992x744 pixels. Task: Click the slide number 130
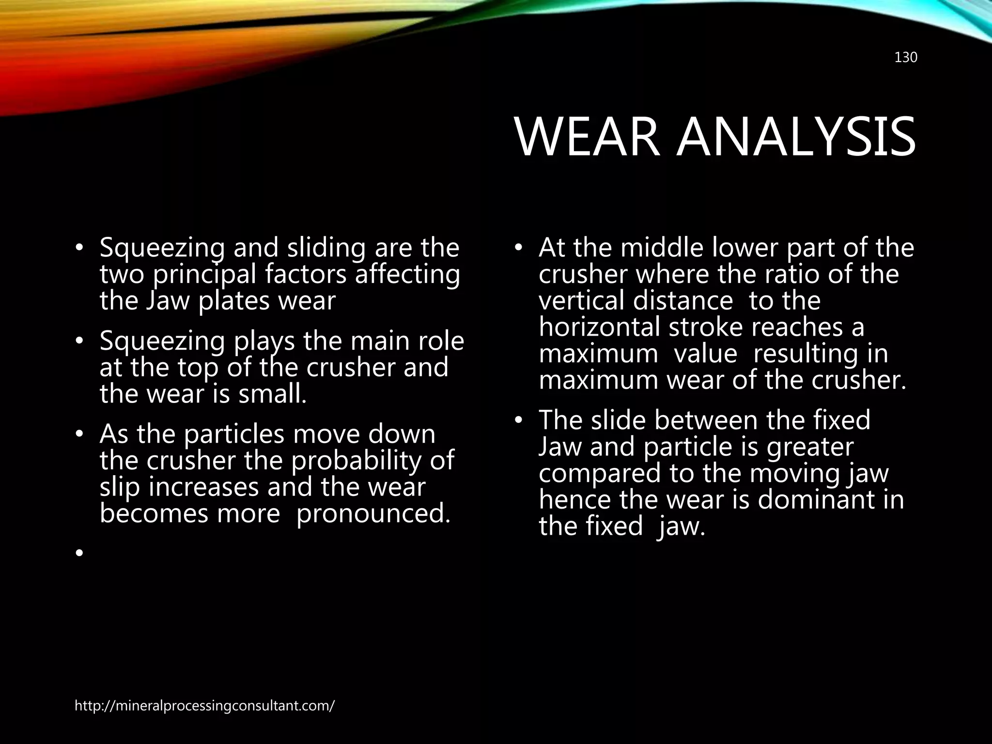coord(905,58)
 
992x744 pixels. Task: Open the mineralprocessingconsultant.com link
coord(204,706)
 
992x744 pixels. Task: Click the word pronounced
coord(373,513)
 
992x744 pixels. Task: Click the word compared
coord(600,473)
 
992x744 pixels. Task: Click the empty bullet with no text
coord(79,553)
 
